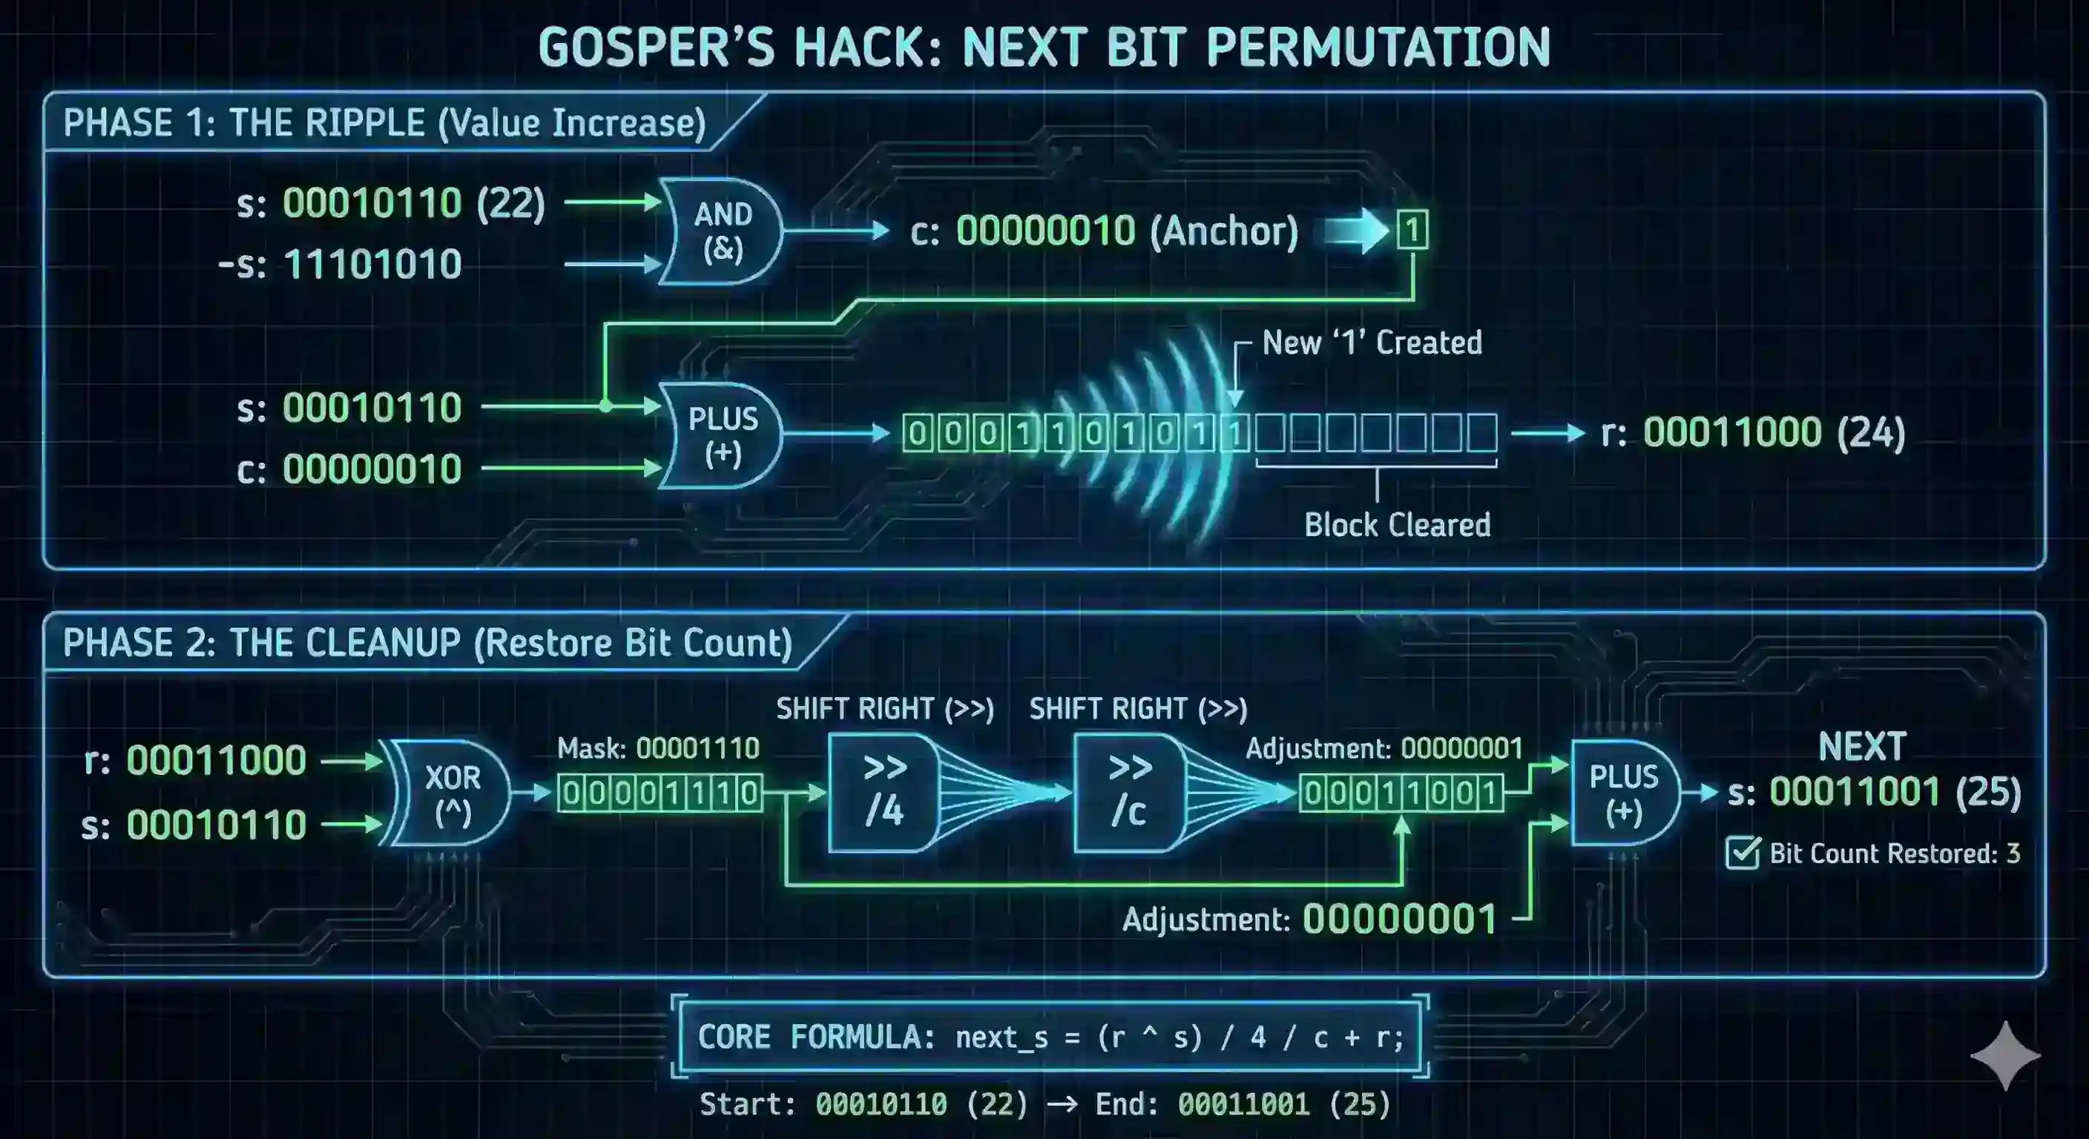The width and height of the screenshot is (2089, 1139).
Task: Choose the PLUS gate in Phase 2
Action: [1622, 793]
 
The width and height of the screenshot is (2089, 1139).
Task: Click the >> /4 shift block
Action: [882, 792]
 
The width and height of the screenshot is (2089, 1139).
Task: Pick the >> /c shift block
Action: [1128, 792]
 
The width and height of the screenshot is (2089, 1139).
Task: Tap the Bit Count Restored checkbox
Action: [1742, 853]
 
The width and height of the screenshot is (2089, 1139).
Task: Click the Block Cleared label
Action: [1396, 524]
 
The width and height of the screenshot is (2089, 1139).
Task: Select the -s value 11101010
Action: [372, 264]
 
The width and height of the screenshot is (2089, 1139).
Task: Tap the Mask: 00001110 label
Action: [658, 747]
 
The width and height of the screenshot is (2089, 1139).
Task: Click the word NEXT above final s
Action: [1862, 747]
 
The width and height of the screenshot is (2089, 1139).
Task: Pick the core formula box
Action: [1050, 1037]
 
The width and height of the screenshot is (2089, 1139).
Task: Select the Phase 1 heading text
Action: [384, 123]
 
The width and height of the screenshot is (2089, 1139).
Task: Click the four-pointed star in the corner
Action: [2004, 1055]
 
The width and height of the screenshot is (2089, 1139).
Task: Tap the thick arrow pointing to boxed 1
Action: [1356, 231]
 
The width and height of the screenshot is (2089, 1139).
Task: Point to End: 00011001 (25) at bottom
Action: [1243, 1104]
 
